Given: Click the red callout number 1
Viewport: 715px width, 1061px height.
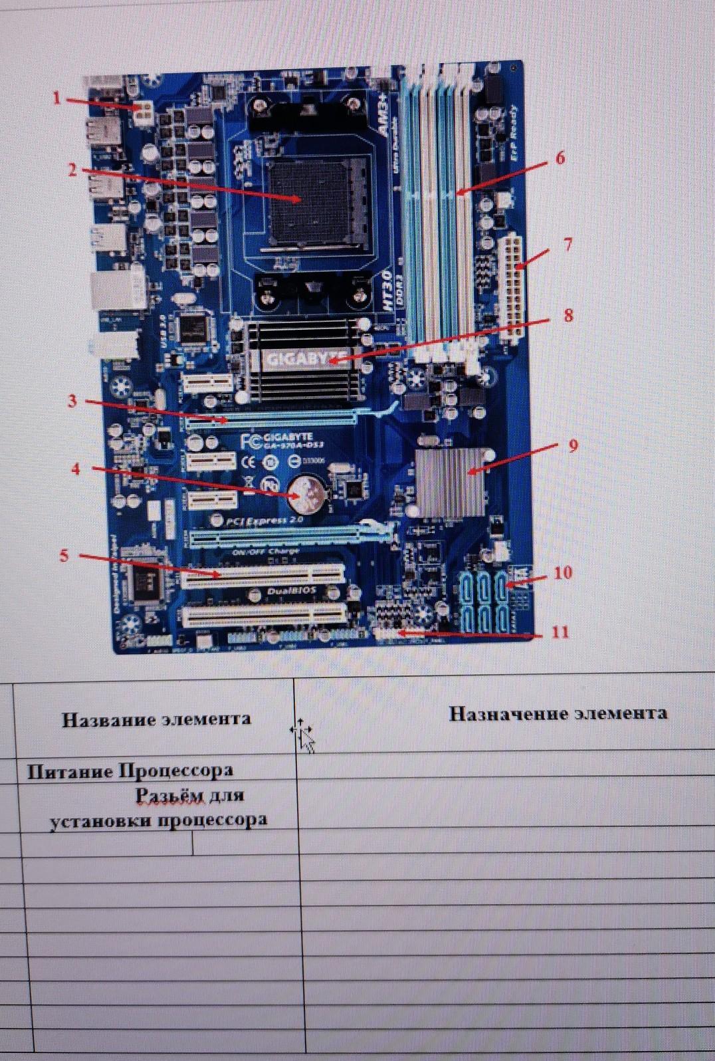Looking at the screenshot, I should pos(56,98).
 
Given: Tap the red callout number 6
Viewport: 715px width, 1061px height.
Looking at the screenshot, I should pos(560,158).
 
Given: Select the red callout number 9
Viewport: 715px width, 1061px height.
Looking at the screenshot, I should pos(573,446).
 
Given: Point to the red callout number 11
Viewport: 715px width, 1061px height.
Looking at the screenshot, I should pos(561,631).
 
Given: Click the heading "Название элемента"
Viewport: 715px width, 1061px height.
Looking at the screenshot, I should pos(156,719).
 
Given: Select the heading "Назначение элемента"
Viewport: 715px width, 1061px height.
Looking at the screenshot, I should pos(558,713).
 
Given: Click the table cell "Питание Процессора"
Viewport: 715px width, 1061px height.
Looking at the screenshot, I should pos(130,770).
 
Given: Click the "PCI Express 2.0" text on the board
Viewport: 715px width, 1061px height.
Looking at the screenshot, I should pos(264,521).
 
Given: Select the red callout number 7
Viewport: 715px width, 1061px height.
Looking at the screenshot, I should pos(567,245).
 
